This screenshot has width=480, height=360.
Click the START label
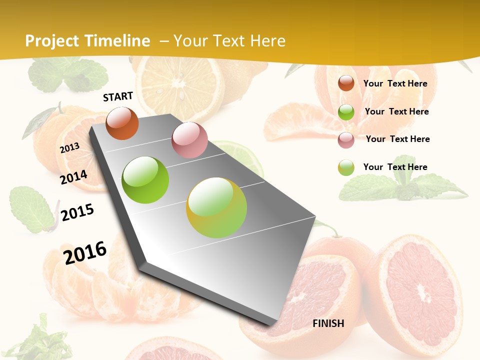[118, 96]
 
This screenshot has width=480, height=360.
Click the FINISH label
[328, 323]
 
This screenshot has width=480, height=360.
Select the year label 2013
[70, 148]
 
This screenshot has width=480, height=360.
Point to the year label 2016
[85, 252]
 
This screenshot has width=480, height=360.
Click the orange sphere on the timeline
[122, 123]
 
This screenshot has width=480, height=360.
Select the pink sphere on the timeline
[189, 140]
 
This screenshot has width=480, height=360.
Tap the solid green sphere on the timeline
[145, 180]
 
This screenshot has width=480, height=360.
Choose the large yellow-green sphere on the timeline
[216, 207]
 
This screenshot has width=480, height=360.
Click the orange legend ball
[346, 83]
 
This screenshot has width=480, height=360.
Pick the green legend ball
[346, 112]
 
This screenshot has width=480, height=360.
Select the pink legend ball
[346, 140]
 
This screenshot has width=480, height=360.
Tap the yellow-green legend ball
[346, 167]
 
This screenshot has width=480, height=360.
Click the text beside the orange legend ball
[395, 83]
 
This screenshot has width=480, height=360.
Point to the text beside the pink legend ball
[397, 139]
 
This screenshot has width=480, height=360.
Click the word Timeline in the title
[118, 41]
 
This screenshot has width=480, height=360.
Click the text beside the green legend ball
[396, 111]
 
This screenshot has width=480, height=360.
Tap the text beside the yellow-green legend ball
[395, 167]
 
